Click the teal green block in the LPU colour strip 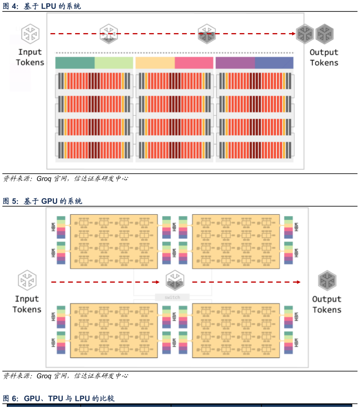point(75,63)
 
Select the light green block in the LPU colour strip point(113,63)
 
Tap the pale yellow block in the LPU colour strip point(155,63)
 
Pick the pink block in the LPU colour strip point(194,63)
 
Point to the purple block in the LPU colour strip point(235,63)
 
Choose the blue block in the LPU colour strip point(274,63)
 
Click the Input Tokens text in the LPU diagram point(30,57)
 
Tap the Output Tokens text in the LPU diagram point(324,58)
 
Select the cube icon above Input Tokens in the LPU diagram point(31,33)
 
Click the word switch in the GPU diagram point(172,297)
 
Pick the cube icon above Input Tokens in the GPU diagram point(27,280)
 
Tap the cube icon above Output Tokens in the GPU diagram point(327,280)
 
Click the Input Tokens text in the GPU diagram point(27,304)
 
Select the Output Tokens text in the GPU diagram point(327,304)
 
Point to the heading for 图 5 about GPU point(42,201)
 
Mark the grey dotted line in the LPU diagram point(174,53)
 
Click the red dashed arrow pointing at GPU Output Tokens point(246,282)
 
